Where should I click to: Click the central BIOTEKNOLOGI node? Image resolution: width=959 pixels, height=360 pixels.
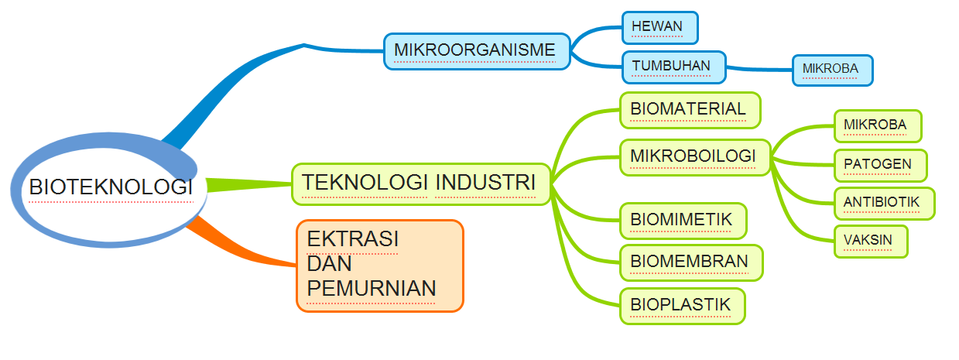tap(110, 187)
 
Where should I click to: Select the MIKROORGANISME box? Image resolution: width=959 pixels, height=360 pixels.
tap(476, 51)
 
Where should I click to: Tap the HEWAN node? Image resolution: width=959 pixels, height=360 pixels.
tap(659, 27)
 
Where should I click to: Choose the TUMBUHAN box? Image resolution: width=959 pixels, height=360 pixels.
tap(673, 67)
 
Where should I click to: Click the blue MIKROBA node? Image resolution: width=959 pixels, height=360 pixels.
tap(831, 70)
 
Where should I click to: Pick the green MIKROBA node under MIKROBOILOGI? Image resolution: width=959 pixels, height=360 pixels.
tap(878, 125)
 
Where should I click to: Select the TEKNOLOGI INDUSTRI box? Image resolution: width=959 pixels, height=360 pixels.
tap(420, 183)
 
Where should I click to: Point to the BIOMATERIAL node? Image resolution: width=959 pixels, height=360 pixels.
tap(690, 109)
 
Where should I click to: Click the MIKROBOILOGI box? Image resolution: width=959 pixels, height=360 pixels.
tap(694, 157)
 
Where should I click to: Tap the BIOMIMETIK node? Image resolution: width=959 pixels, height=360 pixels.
tap(682, 221)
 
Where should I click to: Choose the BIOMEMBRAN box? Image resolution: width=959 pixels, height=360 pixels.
tap(690, 262)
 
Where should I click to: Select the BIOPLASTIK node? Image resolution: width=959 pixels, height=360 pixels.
tap(681, 305)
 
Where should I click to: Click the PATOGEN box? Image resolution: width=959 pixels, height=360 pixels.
tap(879, 165)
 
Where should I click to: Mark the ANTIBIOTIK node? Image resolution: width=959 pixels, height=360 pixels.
tap(883, 203)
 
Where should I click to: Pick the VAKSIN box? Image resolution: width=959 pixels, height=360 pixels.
tap(870, 241)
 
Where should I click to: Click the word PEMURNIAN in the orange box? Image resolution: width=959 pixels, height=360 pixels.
tap(372, 289)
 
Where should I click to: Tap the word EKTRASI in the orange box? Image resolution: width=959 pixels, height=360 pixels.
tap(352, 238)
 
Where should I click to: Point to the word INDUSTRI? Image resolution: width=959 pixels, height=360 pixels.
tap(485, 183)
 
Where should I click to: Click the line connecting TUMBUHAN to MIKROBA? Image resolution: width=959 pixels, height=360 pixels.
tap(759, 70)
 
